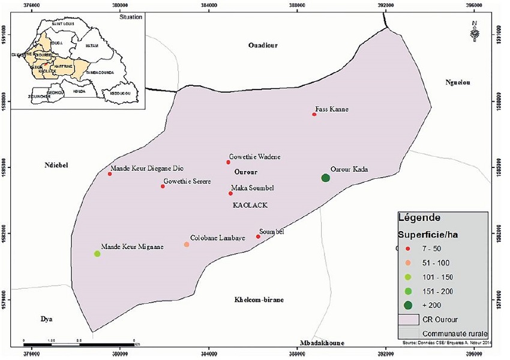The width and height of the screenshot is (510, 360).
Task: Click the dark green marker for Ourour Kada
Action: tap(325, 178)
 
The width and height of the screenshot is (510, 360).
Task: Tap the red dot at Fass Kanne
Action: tap(314, 114)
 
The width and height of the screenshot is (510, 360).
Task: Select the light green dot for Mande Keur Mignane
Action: tap(97, 254)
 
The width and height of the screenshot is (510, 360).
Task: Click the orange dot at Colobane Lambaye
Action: tap(187, 244)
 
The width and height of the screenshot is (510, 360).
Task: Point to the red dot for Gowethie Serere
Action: tap(163, 186)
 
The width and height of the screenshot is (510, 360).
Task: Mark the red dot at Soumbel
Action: tap(258, 236)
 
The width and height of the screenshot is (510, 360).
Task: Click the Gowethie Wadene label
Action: tap(255, 157)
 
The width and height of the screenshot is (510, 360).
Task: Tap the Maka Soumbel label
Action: tap(252, 188)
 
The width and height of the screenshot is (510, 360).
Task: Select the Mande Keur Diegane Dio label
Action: tap(147, 168)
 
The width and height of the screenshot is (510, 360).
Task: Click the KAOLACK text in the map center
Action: tap(250, 205)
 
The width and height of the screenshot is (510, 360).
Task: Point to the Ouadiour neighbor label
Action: tap(263, 45)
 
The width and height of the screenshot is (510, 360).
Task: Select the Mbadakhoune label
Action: tap(322, 343)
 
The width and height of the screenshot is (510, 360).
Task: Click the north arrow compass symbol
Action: tap(475, 32)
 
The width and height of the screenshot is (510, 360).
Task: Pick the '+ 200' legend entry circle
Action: tap(408, 305)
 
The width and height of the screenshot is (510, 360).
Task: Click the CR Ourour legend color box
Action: tap(408, 319)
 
